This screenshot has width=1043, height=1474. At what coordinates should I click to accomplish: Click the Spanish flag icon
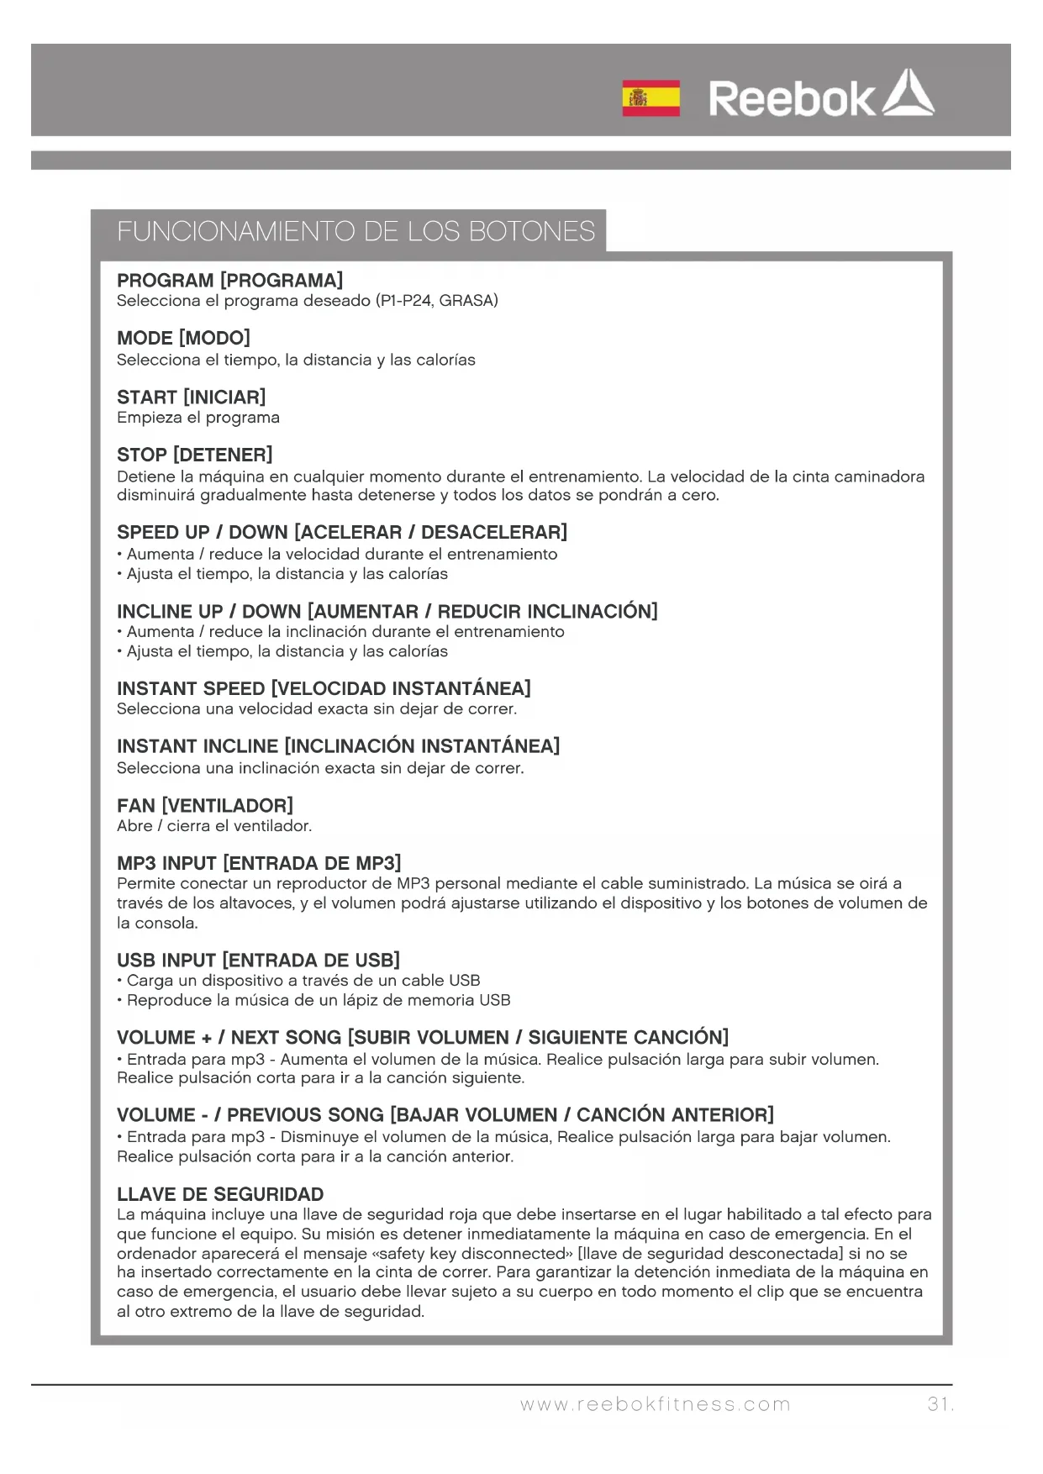pos(651,98)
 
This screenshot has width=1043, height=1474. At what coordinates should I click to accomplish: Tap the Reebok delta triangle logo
pos(906,94)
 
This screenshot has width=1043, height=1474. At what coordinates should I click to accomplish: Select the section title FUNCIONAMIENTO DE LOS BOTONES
pos(356,231)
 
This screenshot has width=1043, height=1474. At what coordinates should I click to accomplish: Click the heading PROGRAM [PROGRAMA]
pos(229,281)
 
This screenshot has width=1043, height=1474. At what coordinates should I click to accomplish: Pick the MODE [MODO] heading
pos(183,339)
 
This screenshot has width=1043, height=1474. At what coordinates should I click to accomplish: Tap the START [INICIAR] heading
pos(191,397)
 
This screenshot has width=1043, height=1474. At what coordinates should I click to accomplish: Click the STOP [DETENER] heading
pos(194,455)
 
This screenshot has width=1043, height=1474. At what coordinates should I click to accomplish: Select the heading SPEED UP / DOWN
pos(341,533)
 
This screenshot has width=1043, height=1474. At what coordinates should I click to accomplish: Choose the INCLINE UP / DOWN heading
pos(387,611)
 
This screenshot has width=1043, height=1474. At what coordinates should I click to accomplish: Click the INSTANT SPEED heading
pos(324,689)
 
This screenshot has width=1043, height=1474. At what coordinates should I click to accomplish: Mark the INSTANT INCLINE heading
pos(338,746)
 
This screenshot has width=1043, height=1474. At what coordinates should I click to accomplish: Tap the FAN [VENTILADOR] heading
pos(204,806)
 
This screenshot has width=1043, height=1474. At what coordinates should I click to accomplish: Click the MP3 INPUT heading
pos(259,863)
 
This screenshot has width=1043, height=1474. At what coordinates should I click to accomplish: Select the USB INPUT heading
pos(258,961)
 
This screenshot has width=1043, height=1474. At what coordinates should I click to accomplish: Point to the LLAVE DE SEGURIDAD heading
pos(220,1194)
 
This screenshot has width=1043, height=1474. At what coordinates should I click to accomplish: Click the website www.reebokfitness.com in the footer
pos(655,1404)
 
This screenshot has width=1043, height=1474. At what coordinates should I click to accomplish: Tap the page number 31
pos(939,1404)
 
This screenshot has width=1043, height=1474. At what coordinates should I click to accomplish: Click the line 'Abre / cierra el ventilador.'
pos(214,826)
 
